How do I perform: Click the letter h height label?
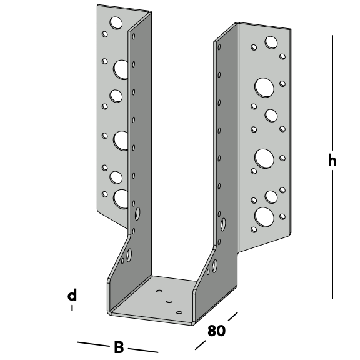coord(332,160)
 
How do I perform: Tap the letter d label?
coord(72,295)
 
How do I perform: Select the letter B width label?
coord(119,347)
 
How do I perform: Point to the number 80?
coord(216,331)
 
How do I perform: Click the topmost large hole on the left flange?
coord(116,22)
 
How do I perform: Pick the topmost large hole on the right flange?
coord(271,42)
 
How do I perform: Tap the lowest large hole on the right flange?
coord(264,217)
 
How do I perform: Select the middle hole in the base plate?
coord(169,302)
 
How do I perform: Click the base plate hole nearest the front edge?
coord(179,312)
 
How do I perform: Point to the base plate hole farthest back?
coord(159,291)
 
